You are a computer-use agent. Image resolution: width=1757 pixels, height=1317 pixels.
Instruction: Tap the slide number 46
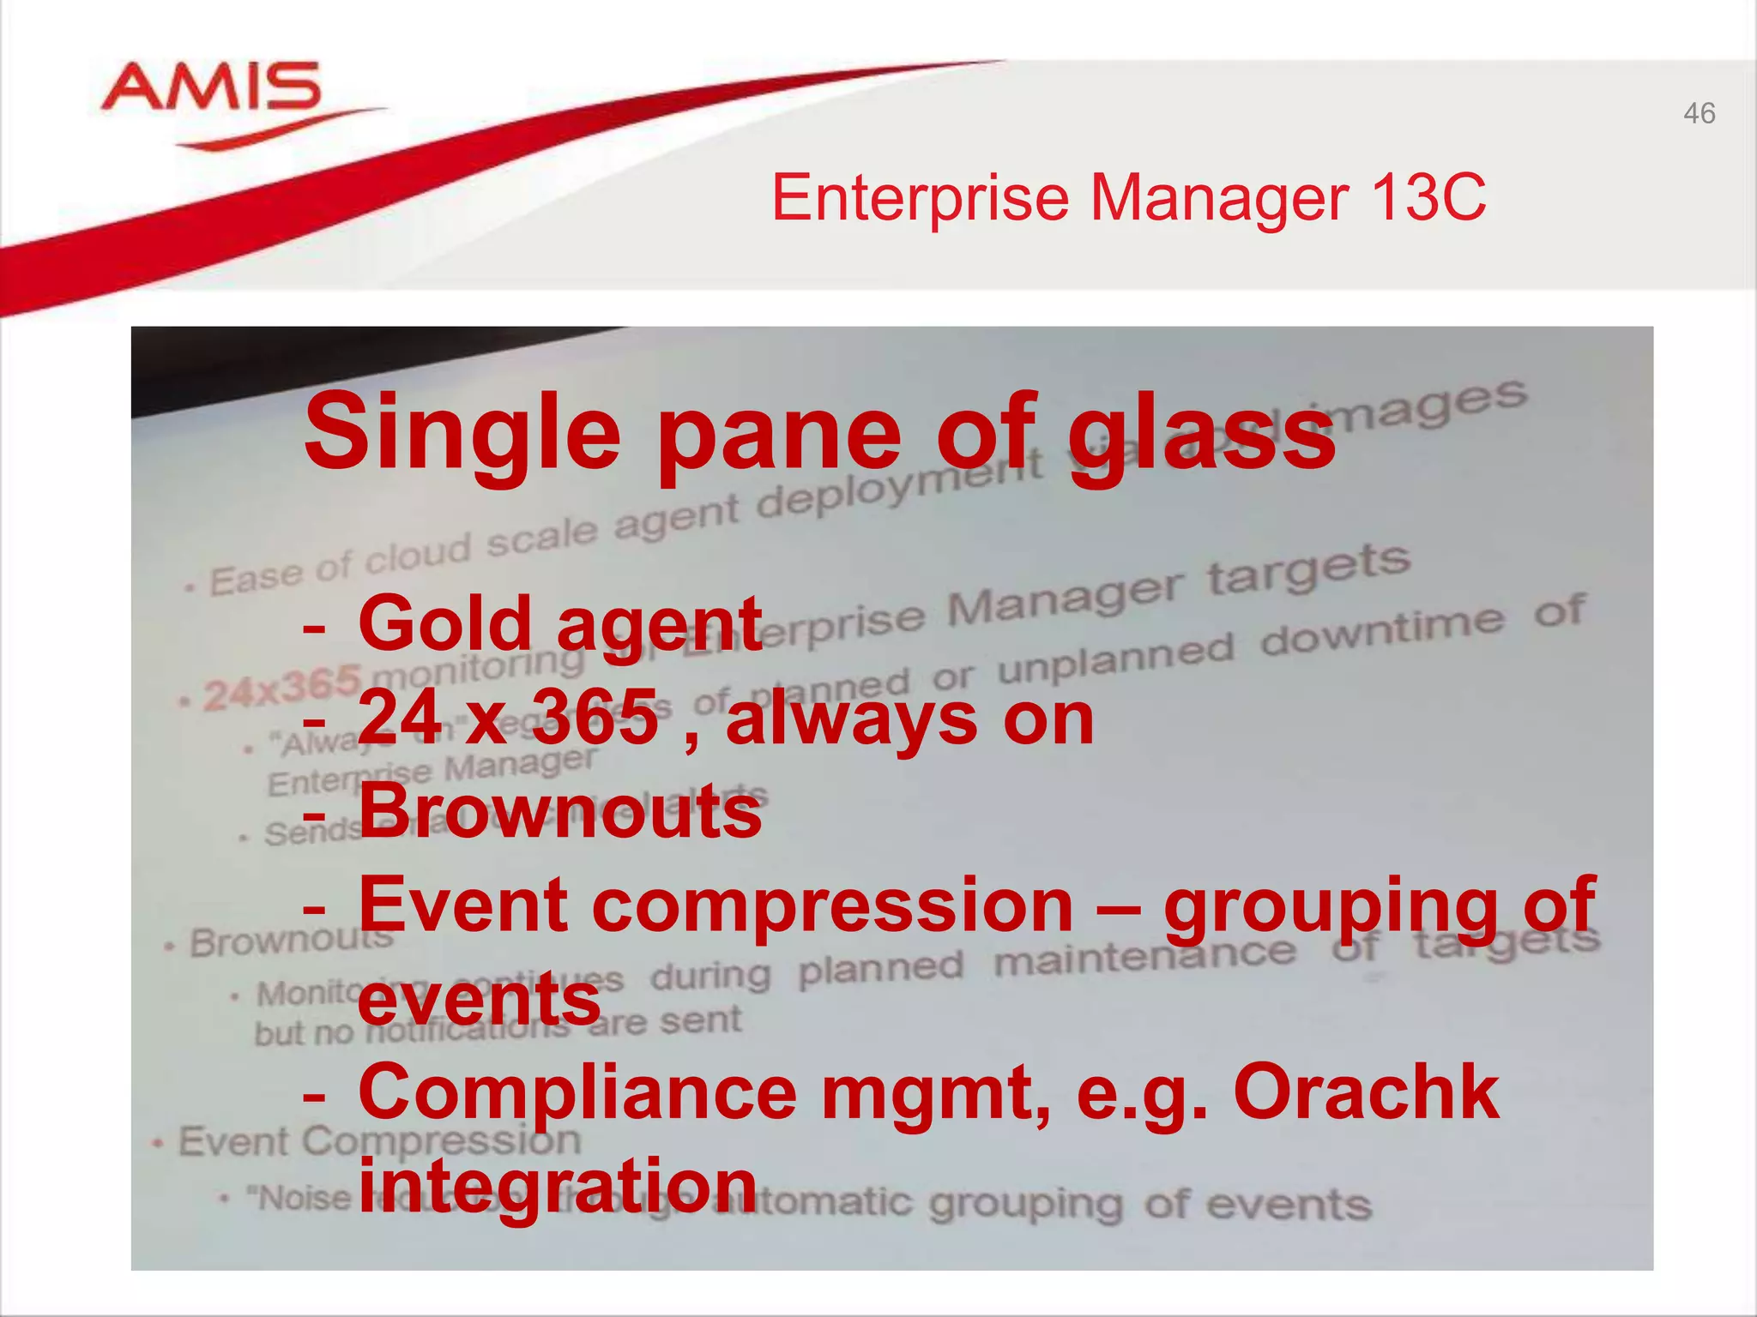click(x=1699, y=114)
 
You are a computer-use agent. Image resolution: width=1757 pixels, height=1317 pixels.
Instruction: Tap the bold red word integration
click(x=558, y=1187)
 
